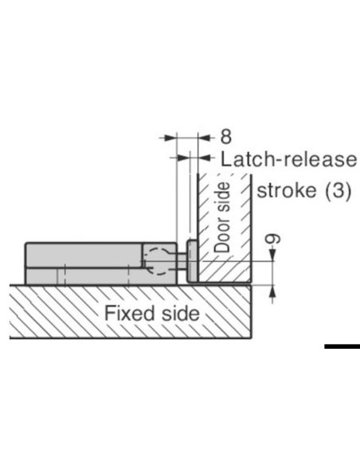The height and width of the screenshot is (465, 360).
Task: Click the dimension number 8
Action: tap(226, 137)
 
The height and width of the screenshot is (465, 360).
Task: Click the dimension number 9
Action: tap(272, 239)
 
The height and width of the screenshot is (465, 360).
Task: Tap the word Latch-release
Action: tap(288, 159)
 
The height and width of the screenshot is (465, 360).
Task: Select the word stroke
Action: tap(287, 190)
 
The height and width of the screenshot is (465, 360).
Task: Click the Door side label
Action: tap(222, 217)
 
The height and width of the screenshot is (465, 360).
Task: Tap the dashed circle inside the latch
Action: tap(158, 261)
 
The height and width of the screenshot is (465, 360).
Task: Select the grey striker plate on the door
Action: tap(192, 261)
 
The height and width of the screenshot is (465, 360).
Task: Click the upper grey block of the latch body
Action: tap(84, 256)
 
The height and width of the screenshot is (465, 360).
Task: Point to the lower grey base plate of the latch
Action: tap(101, 276)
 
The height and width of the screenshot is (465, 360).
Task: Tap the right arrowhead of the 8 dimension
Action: tap(205, 138)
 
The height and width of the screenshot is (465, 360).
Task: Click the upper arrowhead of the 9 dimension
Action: tap(272, 256)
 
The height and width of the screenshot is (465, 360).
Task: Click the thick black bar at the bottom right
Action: tap(342, 346)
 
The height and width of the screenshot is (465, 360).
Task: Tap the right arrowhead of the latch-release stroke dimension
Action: tap(205, 158)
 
